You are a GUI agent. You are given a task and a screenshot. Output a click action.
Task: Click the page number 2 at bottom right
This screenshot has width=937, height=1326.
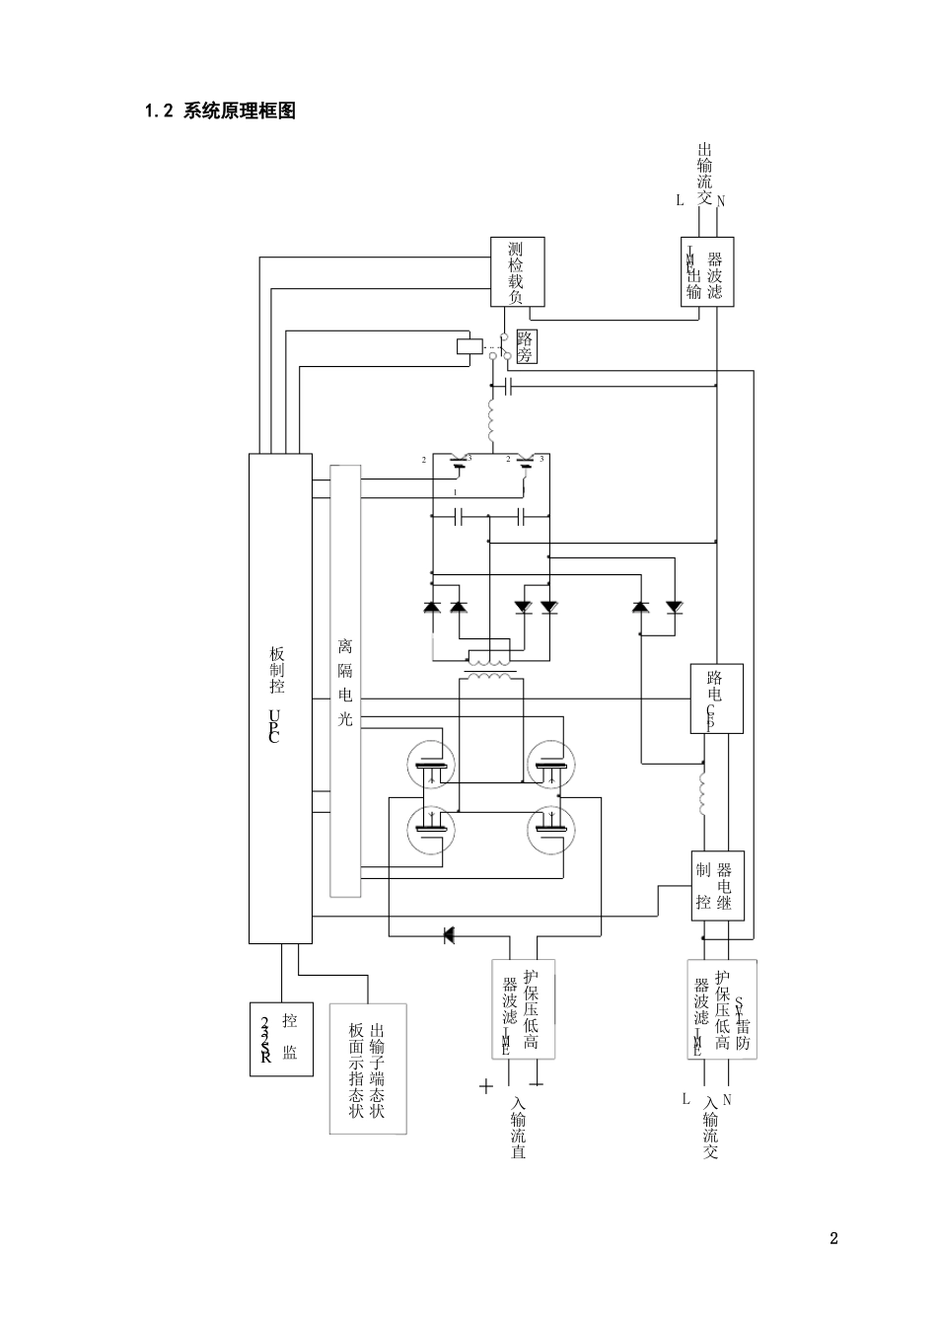(x=833, y=1238)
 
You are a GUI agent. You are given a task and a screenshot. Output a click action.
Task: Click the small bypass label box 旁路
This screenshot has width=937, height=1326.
(x=526, y=347)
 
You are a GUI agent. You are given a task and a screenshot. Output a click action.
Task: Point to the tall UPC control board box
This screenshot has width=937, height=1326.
(x=280, y=698)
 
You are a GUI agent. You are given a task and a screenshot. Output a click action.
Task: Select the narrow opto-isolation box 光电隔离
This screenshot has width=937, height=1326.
(x=345, y=681)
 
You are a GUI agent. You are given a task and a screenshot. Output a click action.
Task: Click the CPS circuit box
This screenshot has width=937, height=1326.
(x=716, y=699)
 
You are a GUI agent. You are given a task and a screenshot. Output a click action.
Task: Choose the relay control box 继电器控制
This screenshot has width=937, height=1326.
(x=717, y=885)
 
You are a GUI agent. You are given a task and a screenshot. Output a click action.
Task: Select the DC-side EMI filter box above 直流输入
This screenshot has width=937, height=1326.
(x=523, y=1008)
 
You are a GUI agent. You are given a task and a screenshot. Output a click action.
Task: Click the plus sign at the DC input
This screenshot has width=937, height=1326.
(x=486, y=1087)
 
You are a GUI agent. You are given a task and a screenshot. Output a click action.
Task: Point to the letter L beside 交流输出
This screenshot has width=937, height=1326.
(x=680, y=200)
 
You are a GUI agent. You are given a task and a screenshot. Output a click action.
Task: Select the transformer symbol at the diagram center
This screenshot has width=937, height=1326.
(x=489, y=668)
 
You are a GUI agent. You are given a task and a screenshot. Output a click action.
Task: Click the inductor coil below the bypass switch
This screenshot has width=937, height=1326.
(x=490, y=420)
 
